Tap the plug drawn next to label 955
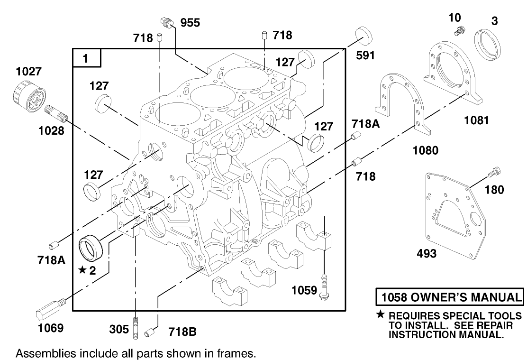165,22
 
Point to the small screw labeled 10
457,32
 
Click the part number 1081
476,120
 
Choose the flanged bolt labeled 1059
325,287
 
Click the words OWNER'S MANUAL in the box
462,297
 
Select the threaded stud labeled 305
136,327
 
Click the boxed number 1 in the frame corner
86,58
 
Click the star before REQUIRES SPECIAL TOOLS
381,315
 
